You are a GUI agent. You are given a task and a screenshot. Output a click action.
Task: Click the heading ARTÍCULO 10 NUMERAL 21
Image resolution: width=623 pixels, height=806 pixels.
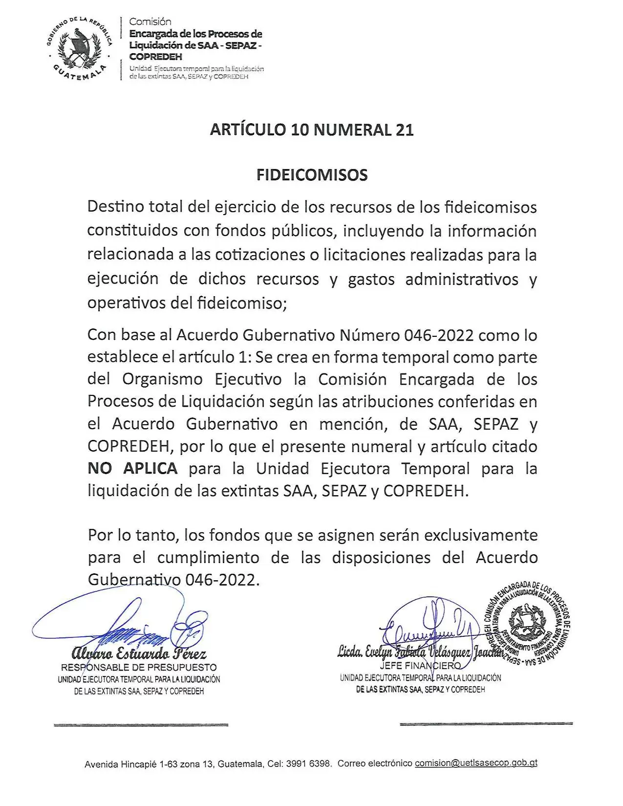click(x=312, y=130)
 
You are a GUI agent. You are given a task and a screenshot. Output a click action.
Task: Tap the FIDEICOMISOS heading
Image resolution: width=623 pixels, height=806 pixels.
click(x=312, y=175)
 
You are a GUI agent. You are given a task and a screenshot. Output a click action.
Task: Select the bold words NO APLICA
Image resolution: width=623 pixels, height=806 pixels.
click(x=132, y=468)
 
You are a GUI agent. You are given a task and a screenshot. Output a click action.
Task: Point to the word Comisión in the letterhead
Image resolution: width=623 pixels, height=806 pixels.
click(x=150, y=22)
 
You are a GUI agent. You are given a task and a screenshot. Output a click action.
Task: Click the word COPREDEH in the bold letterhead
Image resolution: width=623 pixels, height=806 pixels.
click(x=155, y=57)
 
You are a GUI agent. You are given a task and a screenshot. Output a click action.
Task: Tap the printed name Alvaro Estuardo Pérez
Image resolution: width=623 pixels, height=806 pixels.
click(x=139, y=654)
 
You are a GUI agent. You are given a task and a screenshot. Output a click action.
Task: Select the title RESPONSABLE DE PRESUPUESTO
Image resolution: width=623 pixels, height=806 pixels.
click(x=139, y=667)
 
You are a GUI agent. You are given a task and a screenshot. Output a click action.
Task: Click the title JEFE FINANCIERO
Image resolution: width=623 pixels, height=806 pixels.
click(x=420, y=665)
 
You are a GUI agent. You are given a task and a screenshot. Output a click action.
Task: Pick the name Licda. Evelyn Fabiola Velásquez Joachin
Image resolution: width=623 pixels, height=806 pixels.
click(x=420, y=652)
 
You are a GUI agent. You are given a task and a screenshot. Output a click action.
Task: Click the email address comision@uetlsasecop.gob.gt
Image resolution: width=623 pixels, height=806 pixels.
click(x=476, y=763)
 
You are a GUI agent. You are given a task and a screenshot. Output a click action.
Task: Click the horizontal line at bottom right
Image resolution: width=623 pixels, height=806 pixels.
click(x=486, y=723)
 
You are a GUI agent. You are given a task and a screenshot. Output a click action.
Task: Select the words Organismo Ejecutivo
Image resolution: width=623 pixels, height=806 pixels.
click(x=202, y=379)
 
